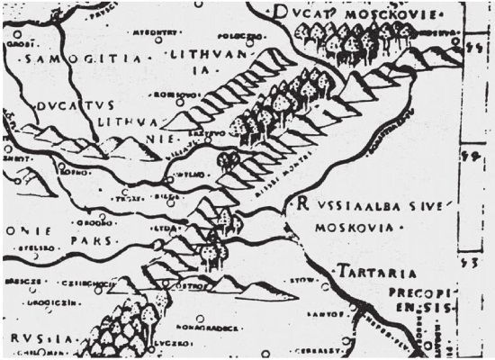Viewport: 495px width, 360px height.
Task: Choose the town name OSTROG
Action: point(199,288)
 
